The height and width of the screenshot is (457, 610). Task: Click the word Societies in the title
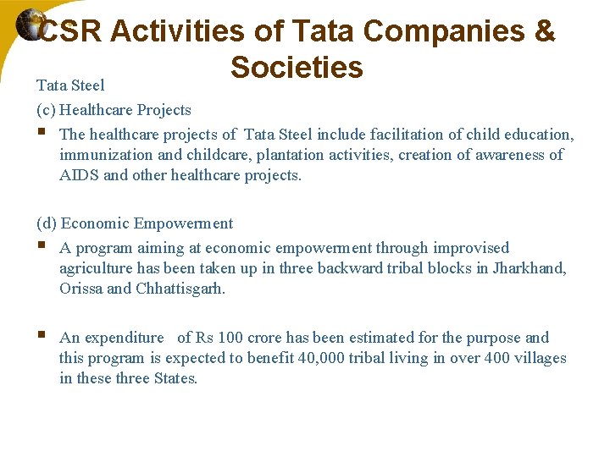point(297,67)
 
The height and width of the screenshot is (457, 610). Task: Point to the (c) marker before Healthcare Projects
point(46,110)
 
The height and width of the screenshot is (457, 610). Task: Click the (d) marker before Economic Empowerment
point(47,223)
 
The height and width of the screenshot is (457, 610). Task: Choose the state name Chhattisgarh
point(181,289)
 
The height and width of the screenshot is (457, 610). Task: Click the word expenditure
point(124,338)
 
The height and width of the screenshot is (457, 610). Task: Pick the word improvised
point(471,248)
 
